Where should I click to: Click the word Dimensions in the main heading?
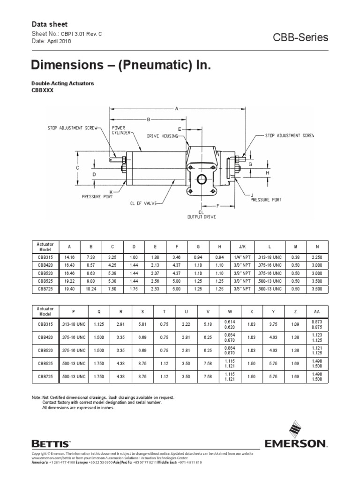pos(61,65)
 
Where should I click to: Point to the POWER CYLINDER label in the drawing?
pos(121,130)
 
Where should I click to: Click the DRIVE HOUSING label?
pos(162,136)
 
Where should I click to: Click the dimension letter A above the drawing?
pos(177,109)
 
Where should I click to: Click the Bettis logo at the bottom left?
pos(51,442)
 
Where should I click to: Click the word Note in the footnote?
pos(36,397)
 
